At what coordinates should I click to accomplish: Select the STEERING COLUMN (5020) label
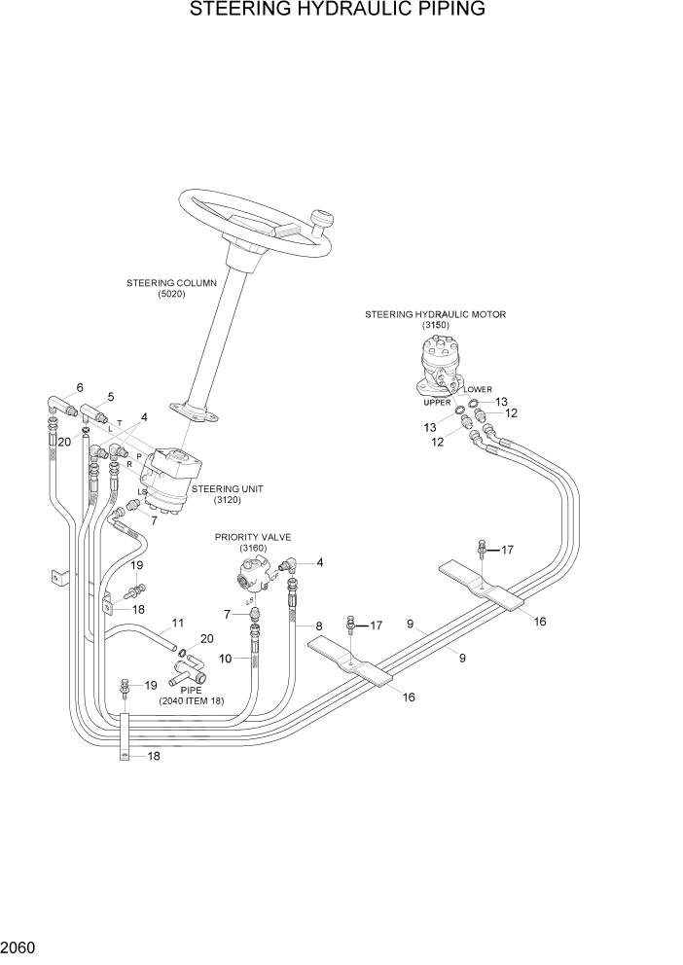point(171,288)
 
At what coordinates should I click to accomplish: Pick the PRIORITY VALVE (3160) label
point(254,542)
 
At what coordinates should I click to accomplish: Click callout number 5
point(110,396)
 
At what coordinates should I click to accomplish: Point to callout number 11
point(177,623)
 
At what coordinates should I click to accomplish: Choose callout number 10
point(224,659)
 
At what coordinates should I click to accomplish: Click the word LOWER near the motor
point(491,389)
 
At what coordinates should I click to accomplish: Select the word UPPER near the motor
point(437,402)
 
